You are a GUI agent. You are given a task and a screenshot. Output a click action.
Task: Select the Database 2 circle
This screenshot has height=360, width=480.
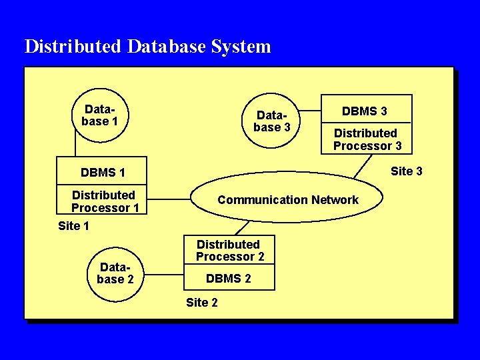(x=115, y=273)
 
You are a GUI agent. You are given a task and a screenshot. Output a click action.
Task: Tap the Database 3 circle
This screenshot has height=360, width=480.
(x=272, y=121)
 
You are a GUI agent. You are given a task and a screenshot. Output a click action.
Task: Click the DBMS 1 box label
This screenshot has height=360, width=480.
(x=103, y=173)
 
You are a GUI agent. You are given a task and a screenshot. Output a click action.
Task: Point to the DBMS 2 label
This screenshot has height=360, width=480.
(x=229, y=279)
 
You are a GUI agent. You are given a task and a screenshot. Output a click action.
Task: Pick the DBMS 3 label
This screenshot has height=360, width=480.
(x=365, y=111)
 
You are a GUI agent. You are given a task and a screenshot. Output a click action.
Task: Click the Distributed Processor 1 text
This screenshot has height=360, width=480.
(x=104, y=201)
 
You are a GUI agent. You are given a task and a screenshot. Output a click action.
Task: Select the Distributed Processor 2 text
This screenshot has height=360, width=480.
(x=229, y=251)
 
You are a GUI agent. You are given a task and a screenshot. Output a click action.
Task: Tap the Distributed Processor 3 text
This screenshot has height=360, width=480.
(x=367, y=139)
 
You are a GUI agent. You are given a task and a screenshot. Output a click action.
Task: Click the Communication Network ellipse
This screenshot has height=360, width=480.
(x=287, y=199)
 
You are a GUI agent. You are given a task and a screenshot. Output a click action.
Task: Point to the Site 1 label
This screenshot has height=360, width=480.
(x=73, y=226)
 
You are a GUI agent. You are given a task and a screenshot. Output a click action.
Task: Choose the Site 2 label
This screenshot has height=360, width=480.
(x=201, y=303)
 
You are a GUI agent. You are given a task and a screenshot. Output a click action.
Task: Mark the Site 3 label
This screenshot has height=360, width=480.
(x=406, y=171)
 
